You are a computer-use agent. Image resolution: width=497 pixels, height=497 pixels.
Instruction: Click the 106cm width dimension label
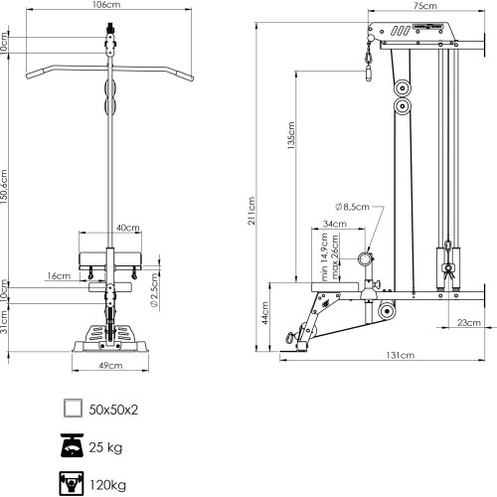(x=106, y=5)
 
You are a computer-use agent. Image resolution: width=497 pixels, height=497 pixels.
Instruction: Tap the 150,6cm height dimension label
(x=4, y=187)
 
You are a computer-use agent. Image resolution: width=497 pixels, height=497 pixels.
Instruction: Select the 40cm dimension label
(x=128, y=228)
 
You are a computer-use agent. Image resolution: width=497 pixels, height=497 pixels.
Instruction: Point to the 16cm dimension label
(x=59, y=275)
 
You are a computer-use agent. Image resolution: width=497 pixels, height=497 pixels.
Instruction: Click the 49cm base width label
(x=110, y=366)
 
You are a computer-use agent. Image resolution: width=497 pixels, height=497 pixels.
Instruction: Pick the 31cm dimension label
(x=4, y=322)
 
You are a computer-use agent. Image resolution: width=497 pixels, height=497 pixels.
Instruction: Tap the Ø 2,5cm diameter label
(x=154, y=290)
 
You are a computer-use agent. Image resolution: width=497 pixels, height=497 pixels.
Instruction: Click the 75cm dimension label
(x=425, y=6)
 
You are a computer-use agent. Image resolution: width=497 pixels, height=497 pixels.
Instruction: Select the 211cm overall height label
(x=251, y=211)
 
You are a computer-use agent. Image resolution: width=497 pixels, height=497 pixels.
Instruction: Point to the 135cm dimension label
(x=291, y=135)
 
